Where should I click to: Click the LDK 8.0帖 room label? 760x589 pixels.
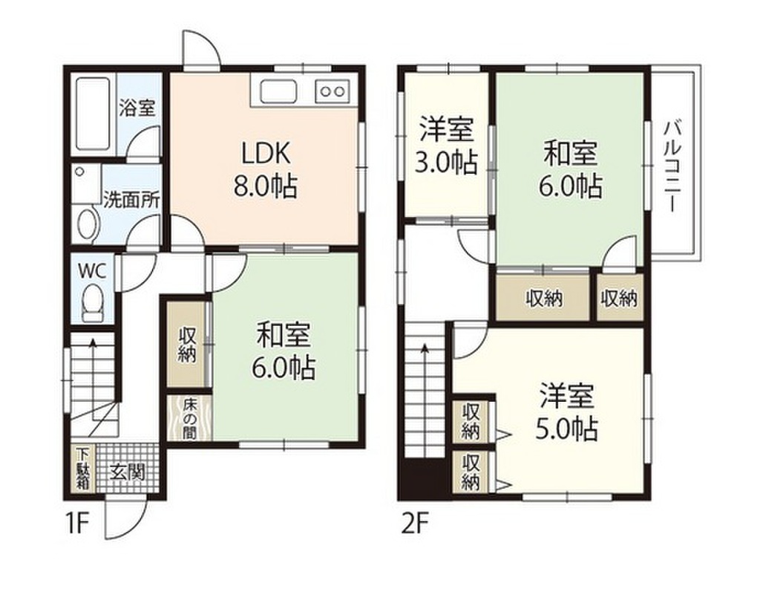pyautogui.click(x=265, y=169)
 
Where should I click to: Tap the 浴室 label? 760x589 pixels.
pyautogui.click(x=137, y=108)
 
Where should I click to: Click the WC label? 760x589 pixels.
pyautogui.click(x=93, y=269)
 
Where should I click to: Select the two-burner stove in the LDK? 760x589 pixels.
pyautogui.click(x=332, y=91)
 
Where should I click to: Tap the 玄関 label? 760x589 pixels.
pyautogui.click(x=127, y=472)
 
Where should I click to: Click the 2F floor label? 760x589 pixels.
pyautogui.click(x=416, y=525)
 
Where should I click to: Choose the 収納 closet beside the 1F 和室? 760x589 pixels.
pyautogui.click(x=188, y=345)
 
